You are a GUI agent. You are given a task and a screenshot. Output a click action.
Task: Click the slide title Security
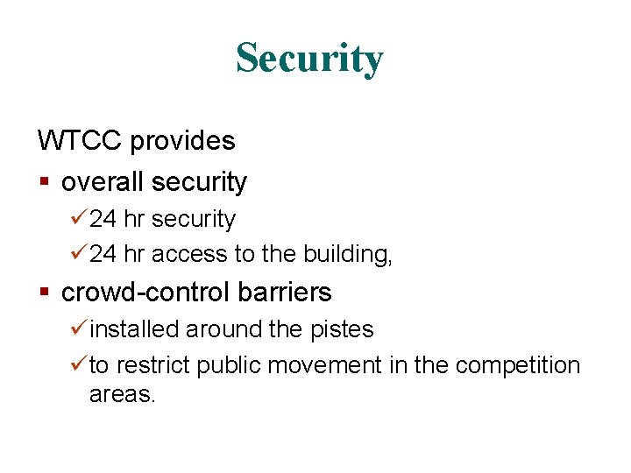[x=309, y=59]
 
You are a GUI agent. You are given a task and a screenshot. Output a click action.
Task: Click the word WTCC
[x=76, y=140]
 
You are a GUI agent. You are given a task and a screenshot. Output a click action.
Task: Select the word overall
[x=103, y=182]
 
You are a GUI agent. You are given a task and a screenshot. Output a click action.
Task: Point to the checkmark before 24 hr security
[x=80, y=218]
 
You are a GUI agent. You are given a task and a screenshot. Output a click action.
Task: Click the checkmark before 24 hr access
[x=80, y=254]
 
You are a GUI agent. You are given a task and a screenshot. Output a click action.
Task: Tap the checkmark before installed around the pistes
[x=80, y=328]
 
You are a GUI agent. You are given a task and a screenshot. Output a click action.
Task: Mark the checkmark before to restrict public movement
[x=80, y=364]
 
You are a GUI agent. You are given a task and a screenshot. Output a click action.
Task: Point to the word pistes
[x=342, y=329]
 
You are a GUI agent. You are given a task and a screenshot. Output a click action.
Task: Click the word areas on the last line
[x=122, y=394]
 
